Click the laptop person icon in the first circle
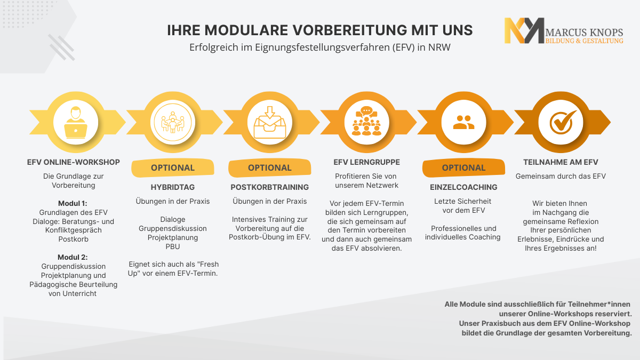pyautogui.click(x=76, y=122)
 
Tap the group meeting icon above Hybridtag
pyautogui.click(x=173, y=122)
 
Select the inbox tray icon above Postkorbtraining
pyautogui.click(x=270, y=122)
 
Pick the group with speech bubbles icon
pyautogui.click(x=367, y=122)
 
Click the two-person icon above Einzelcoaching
pyautogui.click(x=463, y=123)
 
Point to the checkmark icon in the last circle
pyautogui.click(x=561, y=122)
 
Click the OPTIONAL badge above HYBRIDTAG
pyautogui.click(x=173, y=167)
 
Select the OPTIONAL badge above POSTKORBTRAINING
pyautogui.click(x=270, y=167)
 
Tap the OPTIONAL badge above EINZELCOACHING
pyautogui.click(x=463, y=167)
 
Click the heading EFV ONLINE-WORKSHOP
pyautogui.click(x=74, y=162)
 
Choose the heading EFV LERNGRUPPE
pyautogui.click(x=366, y=162)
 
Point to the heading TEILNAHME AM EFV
pyautogui.click(x=561, y=162)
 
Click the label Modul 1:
pyautogui.click(x=74, y=203)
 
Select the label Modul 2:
pyautogui.click(x=74, y=257)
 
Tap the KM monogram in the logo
pyautogui.click(x=524, y=31)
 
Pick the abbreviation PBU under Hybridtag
pyautogui.click(x=173, y=246)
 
